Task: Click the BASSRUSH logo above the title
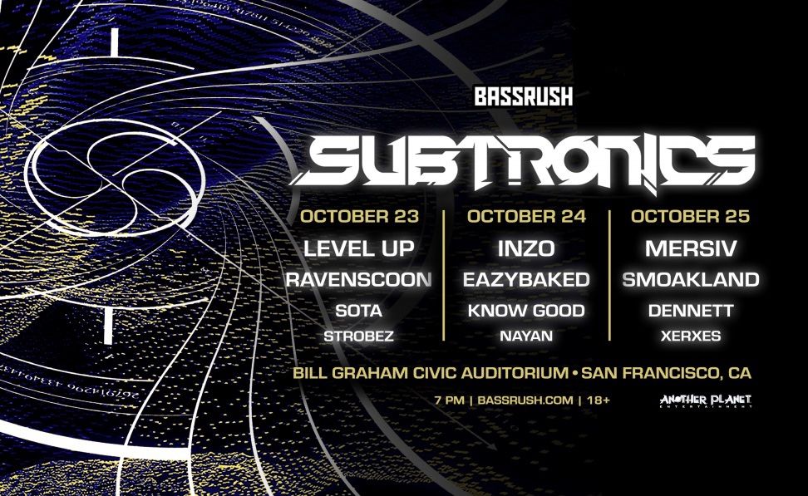tap(524, 96)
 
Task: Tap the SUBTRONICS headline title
tap(527, 162)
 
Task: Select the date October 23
tap(359, 217)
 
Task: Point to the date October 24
tap(527, 217)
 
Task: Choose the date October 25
tap(690, 217)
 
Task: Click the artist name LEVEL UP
tap(359, 248)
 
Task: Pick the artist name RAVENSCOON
tap(359, 280)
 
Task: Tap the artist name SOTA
tap(359, 312)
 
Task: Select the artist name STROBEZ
tap(359, 336)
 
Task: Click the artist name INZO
tap(526, 248)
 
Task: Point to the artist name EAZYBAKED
tap(526, 280)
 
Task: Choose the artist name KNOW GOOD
tap(526, 312)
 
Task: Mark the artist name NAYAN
tap(526, 336)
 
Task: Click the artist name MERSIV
tap(690, 248)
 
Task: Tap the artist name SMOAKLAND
tap(690, 280)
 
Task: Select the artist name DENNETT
tap(690, 312)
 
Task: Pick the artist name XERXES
tap(690, 336)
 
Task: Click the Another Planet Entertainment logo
tap(705, 400)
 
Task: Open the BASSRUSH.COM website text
tap(525, 400)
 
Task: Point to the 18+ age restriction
tap(598, 400)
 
